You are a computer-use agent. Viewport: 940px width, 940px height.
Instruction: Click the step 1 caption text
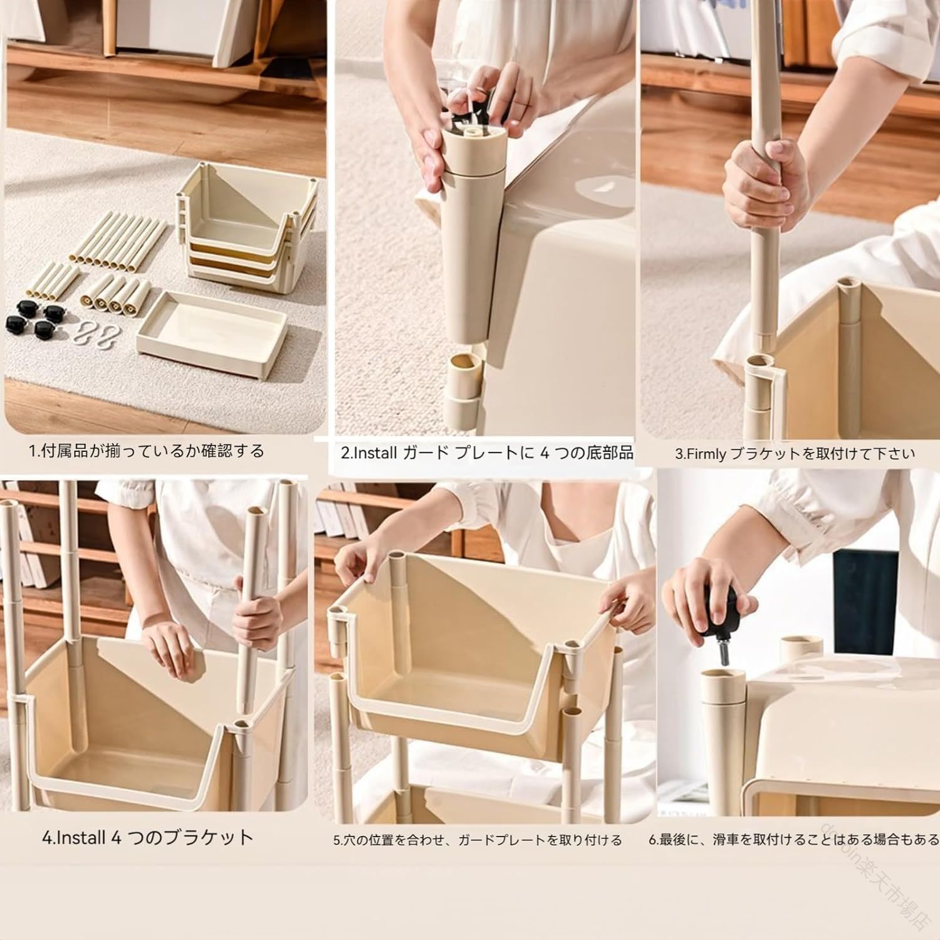147,451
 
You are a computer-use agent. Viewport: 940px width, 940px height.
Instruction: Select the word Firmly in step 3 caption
706,453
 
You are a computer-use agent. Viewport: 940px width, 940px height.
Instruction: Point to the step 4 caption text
148,838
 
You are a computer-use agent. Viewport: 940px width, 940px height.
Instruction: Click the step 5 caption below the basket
478,840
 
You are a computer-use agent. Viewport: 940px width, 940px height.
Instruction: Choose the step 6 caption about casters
793,840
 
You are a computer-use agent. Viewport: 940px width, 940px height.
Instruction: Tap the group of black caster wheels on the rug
33,316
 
